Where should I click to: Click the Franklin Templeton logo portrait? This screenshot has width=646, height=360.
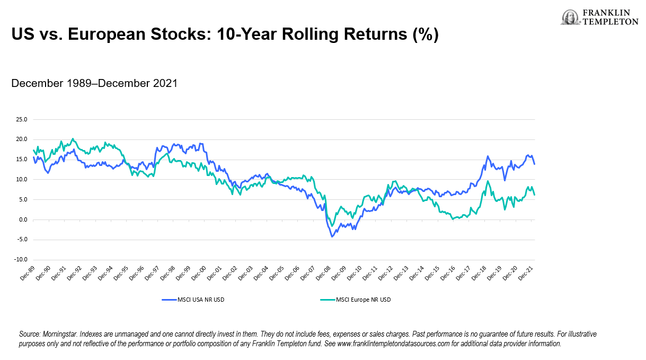point(570,17)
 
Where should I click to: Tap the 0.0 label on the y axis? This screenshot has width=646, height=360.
point(22,219)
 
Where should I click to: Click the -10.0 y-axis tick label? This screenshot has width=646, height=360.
point(20,260)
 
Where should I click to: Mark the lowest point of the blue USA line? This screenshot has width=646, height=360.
point(332,236)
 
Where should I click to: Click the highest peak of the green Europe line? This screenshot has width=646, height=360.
point(73,139)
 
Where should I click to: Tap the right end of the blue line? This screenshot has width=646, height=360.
point(534,164)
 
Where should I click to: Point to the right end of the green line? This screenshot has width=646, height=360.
point(534,195)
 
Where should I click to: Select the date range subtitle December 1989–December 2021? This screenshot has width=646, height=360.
point(94,83)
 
